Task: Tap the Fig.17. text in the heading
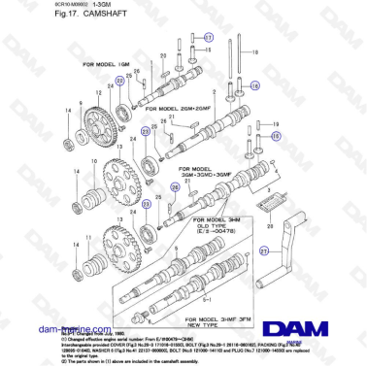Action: tap(17, 17)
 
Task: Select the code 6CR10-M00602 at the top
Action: tap(21, 6)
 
